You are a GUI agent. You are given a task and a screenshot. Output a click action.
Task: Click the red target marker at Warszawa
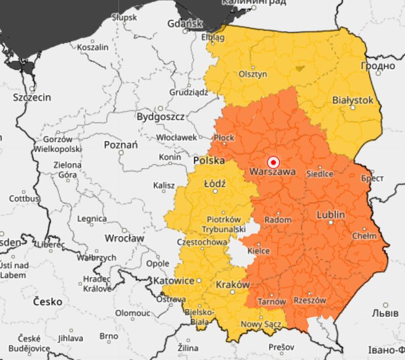pyautogui.click(x=273, y=162)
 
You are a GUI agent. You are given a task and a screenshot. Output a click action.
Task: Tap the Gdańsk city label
pyautogui.click(x=184, y=23)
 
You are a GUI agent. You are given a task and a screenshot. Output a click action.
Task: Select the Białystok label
pyautogui.click(x=353, y=100)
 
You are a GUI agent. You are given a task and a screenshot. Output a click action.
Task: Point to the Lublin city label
pyautogui.click(x=331, y=215)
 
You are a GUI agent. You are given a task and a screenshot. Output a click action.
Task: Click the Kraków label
pyautogui.click(x=233, y=285)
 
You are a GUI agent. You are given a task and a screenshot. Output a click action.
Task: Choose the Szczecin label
pyautogui.click(x=32, y=97)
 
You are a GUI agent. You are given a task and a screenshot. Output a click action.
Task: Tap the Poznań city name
pyautogui.click(x=121, y=145)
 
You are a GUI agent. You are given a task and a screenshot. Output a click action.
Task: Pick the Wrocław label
pyautogui.click(x=126, y=238)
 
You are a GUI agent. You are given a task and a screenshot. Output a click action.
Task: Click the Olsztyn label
pyautogui.click(x=253, y=74)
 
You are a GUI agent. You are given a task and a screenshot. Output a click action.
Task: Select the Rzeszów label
pyautogui.click(x=309, y=300)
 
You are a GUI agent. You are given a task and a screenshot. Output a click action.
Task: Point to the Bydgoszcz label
pyautogui.click(x=160, y=116)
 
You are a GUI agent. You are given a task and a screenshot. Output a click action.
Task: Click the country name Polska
pyautogui.click(x=209, y=161)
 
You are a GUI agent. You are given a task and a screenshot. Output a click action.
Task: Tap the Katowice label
pyautogui.click(x=175, y=281)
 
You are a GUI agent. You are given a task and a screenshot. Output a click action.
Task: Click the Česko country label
pyautogui.click(x=47, y=301)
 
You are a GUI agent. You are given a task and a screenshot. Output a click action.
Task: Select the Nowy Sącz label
pyautogui.click(x=261, y=324)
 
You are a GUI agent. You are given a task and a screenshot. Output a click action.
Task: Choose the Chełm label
pyautogui.click(x=365, y=236)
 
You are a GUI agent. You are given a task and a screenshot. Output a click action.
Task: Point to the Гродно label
pyautogui.click(x=378, y=66)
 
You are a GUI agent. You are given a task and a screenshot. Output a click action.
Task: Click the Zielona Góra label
pyautogui.click(x=67, y=170)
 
